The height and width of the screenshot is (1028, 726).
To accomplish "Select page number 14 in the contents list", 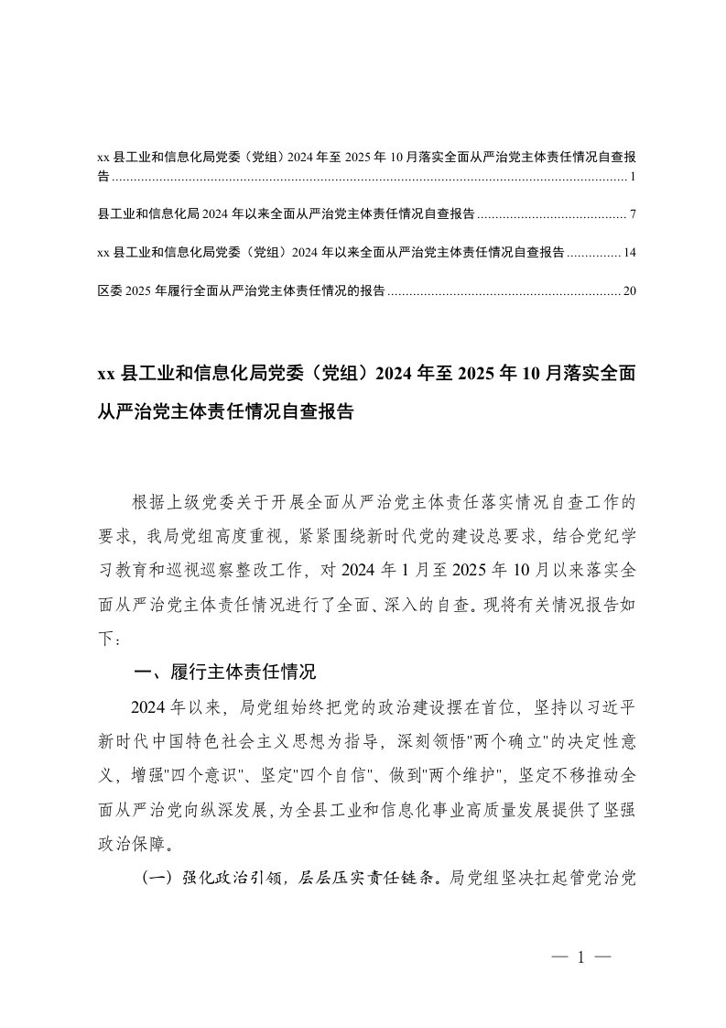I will pos(629,252).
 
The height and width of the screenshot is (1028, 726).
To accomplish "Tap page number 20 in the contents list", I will pos(629,291).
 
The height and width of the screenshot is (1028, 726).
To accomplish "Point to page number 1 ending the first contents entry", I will pos(634,175).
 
